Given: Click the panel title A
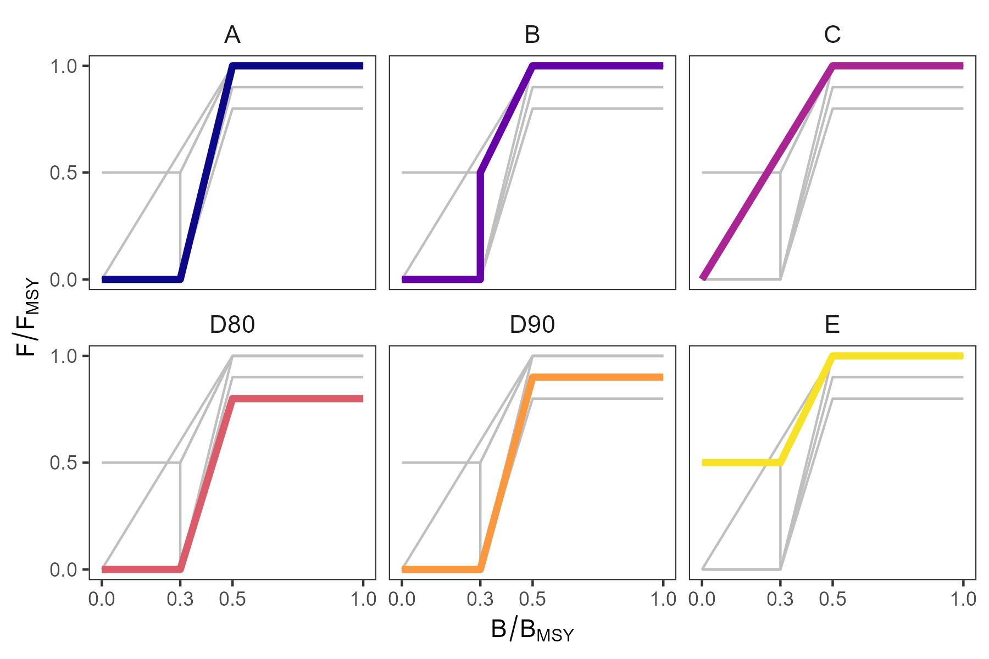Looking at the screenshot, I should [232, 36].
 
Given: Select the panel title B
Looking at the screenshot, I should [532, 36].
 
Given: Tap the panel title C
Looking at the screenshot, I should [832, 36].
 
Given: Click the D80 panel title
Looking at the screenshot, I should [232, 326].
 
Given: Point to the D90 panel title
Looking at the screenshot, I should [532, 326].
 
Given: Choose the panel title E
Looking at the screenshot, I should [832, 326].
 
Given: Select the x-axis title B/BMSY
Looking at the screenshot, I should [532, 632].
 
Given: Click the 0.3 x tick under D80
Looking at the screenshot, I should [180, 599].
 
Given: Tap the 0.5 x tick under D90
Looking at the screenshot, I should [532, 599].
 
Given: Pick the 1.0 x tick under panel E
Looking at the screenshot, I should [963, 599].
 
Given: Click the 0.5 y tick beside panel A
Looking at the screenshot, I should [62, 173].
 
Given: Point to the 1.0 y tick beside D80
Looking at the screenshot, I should [62, 356].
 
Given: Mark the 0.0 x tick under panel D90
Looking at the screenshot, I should [402, 599].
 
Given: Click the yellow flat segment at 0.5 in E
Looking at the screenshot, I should [742, 463].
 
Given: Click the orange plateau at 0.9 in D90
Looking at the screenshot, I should [599, 377].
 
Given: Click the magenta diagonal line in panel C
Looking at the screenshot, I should [769, 170].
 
